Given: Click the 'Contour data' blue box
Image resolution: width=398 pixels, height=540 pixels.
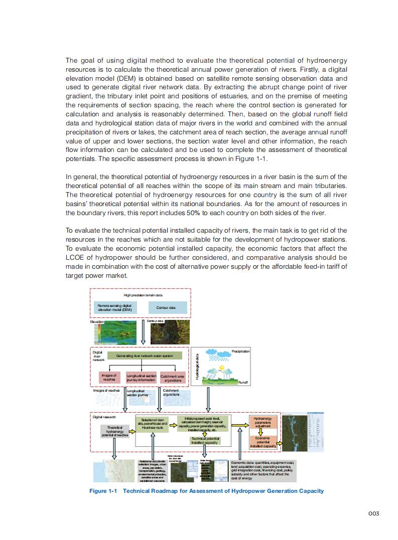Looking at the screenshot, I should click(168, 307).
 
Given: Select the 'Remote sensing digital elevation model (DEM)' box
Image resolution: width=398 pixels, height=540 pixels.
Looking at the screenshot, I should click(115, 307).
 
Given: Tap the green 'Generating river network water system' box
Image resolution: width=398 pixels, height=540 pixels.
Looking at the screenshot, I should click(145, 355).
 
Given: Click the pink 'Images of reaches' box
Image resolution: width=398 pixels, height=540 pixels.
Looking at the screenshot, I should click(109, 378).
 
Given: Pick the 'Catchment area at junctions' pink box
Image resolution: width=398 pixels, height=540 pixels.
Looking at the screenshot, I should click(172, 378).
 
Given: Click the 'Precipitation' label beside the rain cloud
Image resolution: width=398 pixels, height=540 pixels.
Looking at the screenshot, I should click(240, 351).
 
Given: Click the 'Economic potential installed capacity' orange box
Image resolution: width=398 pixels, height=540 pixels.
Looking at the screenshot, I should click(262, 442).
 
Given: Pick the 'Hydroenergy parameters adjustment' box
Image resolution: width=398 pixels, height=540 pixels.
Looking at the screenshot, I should click(262, 422).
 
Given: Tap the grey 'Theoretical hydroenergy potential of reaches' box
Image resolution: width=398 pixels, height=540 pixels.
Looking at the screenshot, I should click(115, 431).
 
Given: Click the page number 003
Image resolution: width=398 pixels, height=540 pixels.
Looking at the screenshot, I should click(372, 513).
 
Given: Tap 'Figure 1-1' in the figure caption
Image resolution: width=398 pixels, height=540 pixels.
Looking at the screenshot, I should click(103, 491).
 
